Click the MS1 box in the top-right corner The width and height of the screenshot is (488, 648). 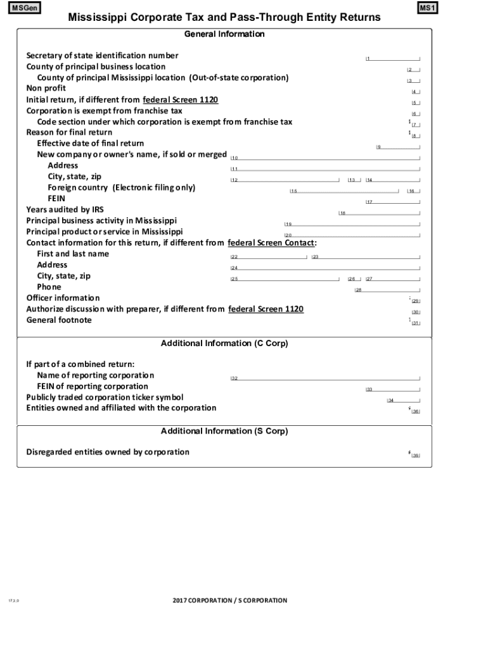[428, 8]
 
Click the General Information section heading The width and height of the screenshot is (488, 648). [224, 34]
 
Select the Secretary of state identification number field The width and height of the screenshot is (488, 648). [393, 58]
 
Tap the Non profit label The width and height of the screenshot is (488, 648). [41, 89]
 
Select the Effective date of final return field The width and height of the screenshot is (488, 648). [398, 147]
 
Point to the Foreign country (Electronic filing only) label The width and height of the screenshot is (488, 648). [121, 188]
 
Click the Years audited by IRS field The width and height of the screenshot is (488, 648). [379, 213]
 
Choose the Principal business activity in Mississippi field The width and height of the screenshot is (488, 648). [352, 224]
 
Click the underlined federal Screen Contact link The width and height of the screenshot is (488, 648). [271, 243]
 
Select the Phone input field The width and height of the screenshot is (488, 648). [387, 290]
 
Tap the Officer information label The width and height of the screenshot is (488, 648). [63, 298]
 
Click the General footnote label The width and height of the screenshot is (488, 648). [58, 320]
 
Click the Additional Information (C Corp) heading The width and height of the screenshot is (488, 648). [224, 344]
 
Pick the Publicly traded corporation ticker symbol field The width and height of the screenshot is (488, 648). [403, 400]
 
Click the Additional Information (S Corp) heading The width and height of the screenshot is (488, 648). [224, 431]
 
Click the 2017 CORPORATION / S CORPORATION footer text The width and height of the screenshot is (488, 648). [229, 601]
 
